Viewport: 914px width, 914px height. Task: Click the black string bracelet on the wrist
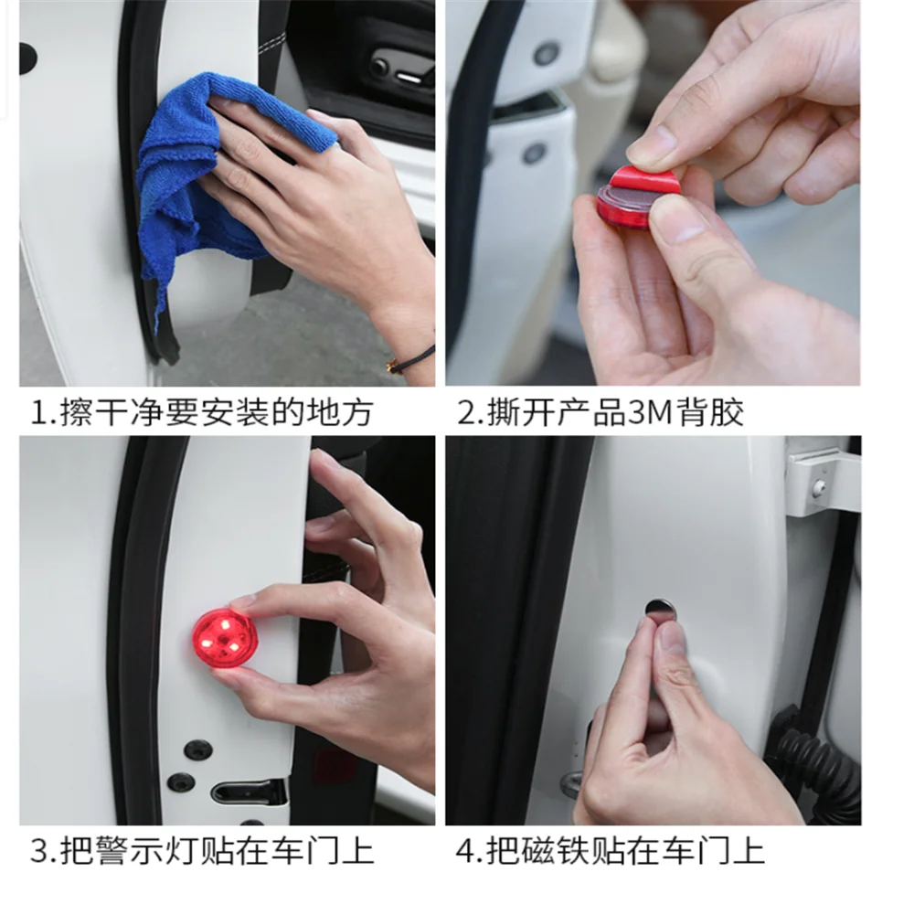pos(411,359)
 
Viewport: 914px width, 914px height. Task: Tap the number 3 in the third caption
pos(39,852)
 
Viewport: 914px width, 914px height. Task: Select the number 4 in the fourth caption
pos(466,852)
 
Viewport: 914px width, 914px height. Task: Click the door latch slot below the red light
pos(249,792)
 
